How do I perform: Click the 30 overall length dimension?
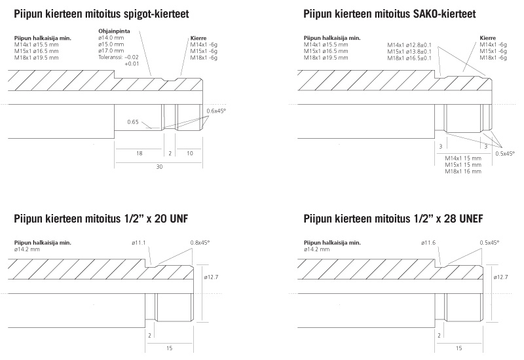coord(159,166)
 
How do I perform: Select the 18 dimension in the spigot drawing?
coord(139,153)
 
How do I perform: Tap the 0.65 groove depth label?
coord(133,122)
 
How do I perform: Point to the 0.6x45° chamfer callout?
coord(216,111)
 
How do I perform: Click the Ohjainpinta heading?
coord(114,31)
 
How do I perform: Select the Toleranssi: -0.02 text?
coord(119,57)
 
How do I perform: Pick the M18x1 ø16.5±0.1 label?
coord(409,58)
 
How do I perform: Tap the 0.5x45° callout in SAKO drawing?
coord(505,154)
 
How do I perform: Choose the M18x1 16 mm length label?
coord(463,171)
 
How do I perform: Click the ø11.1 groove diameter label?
coord(139,243)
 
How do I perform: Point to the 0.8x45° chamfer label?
coord(200,243)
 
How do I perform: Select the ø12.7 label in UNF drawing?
coord(211,277)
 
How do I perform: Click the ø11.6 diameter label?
coord(428,243)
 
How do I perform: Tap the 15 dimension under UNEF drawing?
coord(459,348)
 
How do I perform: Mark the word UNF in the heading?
coord(179,219)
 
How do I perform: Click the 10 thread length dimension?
coord(190,153)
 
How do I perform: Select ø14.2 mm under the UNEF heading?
coord(317,249)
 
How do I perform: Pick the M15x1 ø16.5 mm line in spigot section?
coord(37,51)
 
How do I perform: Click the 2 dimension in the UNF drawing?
coord(149,335)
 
